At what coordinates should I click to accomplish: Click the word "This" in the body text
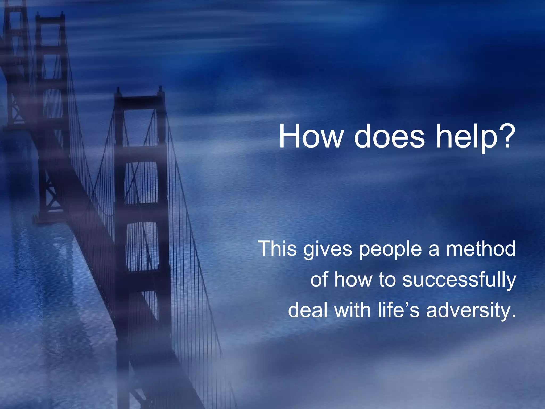tap(277, 249)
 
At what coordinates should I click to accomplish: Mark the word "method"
tap(481, 249)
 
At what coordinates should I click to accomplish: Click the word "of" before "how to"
tap(319, 280)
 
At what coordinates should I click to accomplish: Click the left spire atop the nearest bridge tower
tap(118, 92)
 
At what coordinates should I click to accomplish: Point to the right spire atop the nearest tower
tap(160, 91)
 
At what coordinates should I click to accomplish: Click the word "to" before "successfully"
tap(387, 280)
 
